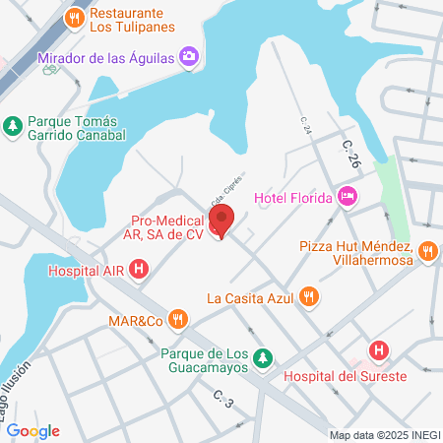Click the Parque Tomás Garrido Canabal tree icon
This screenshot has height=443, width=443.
12,125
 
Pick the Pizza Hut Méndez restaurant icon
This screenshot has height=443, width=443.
427,251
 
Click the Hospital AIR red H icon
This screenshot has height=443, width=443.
140,268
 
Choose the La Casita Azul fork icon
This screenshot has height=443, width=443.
308,296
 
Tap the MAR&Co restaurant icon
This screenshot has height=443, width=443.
177,318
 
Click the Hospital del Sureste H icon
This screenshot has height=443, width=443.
378,349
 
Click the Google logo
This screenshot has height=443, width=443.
32,431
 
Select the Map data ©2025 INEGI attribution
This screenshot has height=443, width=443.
385,435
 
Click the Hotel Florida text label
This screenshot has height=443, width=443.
293,199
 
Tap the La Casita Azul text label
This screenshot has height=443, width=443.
250,296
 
